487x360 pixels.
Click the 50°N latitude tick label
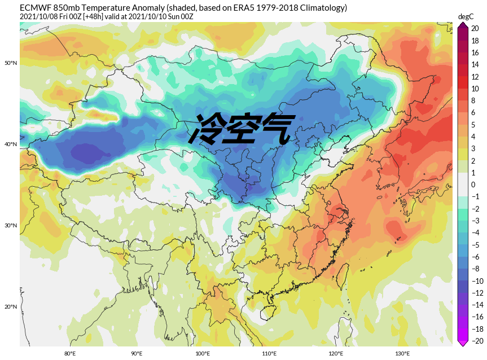(x=11, y=63)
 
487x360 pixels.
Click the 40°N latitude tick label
(x=11, y=144)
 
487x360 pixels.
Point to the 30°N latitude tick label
(x=11, y=225)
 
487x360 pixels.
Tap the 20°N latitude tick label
(x=11, y=306)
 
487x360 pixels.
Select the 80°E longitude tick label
(x=70, y=354)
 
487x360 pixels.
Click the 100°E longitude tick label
(x=203, y=354)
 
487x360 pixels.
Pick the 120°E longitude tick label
(x=336, y=354)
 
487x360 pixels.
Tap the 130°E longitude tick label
(x=402, y=354)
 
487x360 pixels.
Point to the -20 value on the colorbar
(x=477, y=340)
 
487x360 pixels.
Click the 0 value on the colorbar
(x=473, y=185)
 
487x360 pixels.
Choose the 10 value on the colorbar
(x=475, y=89)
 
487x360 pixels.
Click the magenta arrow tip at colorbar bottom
(x=462, y=344)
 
